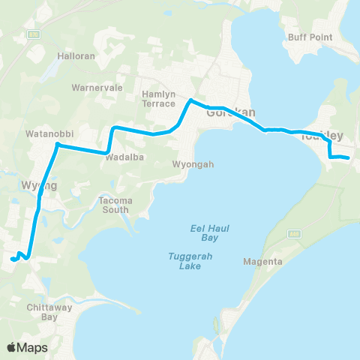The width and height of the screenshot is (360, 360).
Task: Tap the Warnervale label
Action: coord(91,87)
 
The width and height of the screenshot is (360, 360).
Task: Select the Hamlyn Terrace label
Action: coord(158,99)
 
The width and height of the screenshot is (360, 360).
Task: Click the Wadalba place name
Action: coord(124,157)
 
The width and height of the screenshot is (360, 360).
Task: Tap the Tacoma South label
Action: coord(115,205)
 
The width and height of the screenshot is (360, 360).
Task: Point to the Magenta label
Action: coord(262,262)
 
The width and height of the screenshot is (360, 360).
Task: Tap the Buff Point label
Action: coord(305,37)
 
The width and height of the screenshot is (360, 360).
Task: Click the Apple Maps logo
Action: coord(27,347)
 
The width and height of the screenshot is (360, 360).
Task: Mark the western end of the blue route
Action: coord(13,260)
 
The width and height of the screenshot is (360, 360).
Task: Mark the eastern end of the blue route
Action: coord(349,157)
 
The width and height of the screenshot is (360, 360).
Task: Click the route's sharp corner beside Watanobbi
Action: coord(57,144)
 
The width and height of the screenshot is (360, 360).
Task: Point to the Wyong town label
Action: coord(35,184)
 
